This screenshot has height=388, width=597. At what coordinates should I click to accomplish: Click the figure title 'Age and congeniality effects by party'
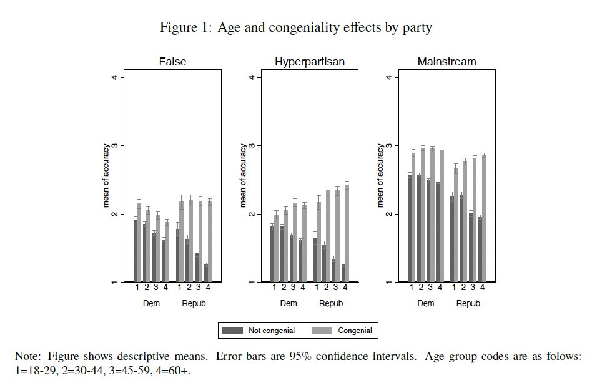pos(324,27)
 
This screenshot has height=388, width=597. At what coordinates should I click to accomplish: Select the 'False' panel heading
pos(172,62)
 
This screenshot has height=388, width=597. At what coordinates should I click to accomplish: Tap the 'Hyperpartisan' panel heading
pos(309,62)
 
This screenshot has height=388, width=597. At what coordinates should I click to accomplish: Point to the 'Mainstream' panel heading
pos(447,62)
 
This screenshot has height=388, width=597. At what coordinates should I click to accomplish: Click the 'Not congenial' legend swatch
pos(234,331)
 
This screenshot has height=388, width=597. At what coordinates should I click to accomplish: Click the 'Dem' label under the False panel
pos(151,304)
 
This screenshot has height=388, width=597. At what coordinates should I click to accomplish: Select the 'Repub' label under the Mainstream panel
pos(468,304)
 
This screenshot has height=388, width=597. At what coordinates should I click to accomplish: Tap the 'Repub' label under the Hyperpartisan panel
pos(331,304)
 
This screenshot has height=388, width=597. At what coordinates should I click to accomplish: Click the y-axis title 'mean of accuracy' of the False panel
pos(106,176)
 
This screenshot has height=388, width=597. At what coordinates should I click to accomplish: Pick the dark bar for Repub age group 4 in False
pos(205,273)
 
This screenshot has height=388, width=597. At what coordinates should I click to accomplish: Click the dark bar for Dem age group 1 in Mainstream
pos(410,228)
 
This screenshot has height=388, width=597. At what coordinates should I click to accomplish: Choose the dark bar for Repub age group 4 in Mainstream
pos(480,250)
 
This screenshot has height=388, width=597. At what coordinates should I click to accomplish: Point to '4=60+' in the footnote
pos(177,370)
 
